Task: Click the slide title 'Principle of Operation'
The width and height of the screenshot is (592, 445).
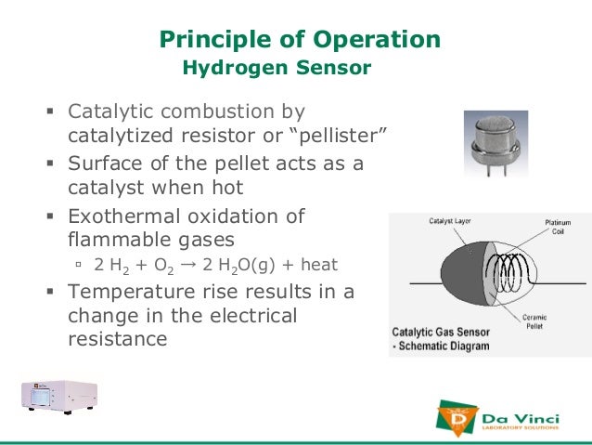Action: pos(300,39)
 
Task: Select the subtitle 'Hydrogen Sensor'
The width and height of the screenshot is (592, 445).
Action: pos(277,68)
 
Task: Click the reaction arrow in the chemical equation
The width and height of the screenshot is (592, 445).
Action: pos(187,265)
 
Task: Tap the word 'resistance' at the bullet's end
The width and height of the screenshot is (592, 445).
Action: pos(118,339)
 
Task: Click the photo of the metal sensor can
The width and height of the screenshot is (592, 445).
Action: pos(495,145)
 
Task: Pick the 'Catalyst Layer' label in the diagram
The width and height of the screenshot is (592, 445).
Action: pos(449,221)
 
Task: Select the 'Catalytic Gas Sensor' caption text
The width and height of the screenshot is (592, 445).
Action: pos(441,330)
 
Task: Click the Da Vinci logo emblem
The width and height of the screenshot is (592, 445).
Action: pos(457,417)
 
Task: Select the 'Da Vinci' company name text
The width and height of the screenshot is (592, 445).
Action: pos(520,413)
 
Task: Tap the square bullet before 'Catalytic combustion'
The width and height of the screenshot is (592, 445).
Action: pos(52,112)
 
